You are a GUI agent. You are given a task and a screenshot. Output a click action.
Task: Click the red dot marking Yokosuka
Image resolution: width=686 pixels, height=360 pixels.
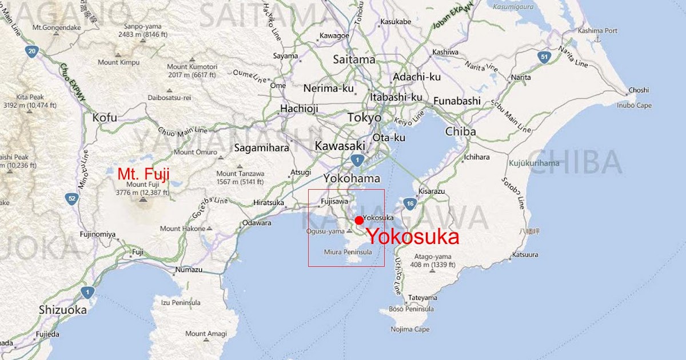(358, 221)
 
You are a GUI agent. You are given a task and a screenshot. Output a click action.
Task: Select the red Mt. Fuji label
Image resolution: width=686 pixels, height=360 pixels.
(143, 174)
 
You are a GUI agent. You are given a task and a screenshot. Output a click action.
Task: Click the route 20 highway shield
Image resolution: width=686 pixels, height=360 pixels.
(32, 51)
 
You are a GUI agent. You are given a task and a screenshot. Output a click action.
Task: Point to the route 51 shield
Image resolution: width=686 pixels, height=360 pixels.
(544, 57)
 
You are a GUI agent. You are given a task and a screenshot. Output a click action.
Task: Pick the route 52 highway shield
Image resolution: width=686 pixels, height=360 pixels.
(71, 199)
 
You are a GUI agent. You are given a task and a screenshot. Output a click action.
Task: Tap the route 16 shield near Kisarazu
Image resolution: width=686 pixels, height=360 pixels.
(409, 203)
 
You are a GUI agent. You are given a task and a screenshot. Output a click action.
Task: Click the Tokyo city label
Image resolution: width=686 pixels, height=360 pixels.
(364, 118)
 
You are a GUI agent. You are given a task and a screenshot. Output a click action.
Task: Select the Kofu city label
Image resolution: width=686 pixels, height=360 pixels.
(105, 118)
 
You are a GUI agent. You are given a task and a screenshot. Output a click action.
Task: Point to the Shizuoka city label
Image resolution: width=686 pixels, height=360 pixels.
(63, 310)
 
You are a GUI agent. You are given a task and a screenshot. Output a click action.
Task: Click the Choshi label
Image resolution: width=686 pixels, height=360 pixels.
(639, 90)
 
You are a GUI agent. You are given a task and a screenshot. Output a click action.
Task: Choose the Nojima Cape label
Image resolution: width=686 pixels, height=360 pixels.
(410, 329)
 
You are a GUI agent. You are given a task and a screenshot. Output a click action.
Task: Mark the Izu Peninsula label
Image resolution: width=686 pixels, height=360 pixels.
(181, 302)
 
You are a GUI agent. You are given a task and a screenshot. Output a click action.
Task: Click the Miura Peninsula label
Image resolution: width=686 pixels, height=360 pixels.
(348, 251)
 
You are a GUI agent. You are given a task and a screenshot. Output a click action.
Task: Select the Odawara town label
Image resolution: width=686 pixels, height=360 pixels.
(257, 223)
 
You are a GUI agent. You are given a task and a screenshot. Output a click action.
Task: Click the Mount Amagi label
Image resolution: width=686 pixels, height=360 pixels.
(206, 334)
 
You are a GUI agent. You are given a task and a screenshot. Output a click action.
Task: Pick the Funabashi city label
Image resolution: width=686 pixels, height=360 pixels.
(457, 101)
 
